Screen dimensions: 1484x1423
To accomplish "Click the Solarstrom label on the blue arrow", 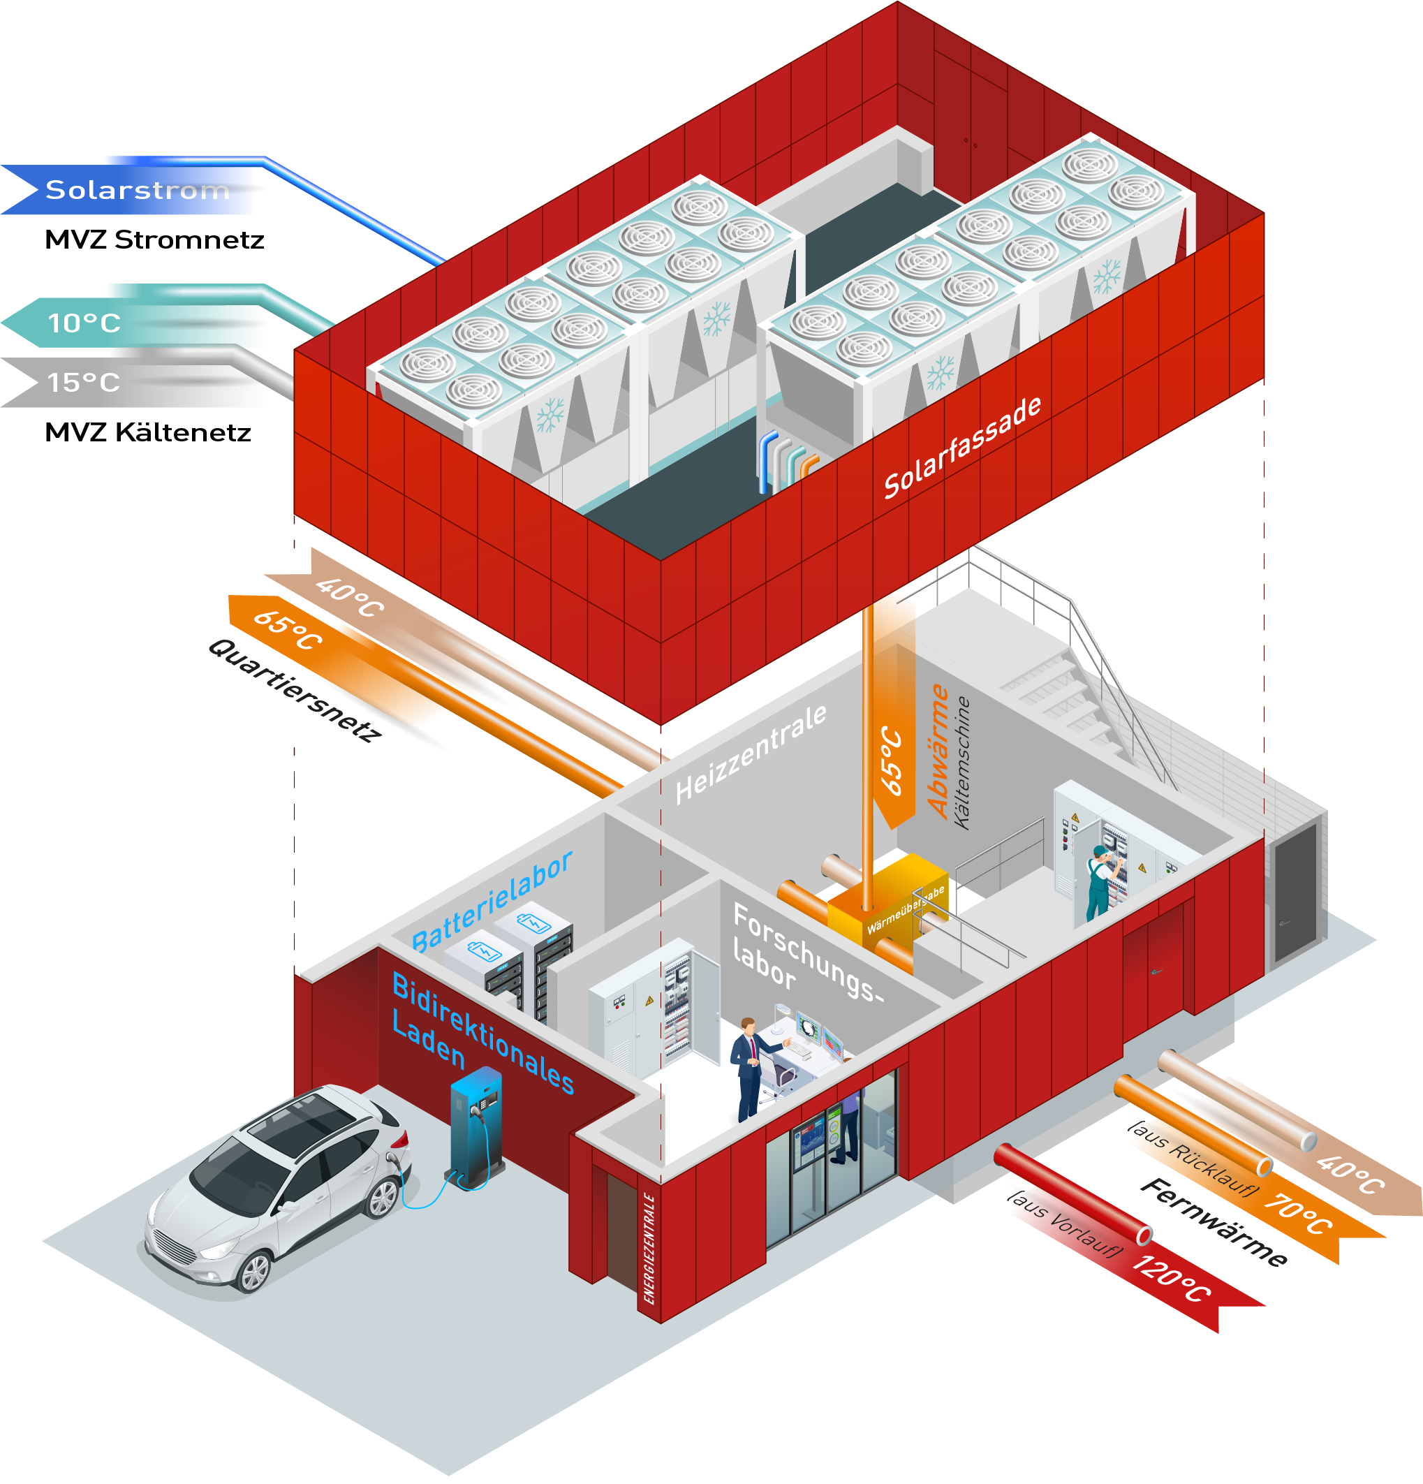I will tap(138, 190).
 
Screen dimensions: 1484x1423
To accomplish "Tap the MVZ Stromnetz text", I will tap(154, 240).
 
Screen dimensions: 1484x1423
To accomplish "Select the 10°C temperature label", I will tap(84, 323).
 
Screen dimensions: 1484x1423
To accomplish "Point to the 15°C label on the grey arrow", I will tap(84, 383).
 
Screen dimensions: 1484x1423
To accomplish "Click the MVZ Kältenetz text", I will tap(147, 432).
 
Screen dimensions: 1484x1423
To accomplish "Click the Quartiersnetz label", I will tap(295, 691).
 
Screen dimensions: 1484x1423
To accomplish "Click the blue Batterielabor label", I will tap(492, 901).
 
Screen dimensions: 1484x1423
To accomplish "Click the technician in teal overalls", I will tap(1100, 881).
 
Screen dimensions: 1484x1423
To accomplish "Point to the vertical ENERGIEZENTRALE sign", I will tap(649, 1249).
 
